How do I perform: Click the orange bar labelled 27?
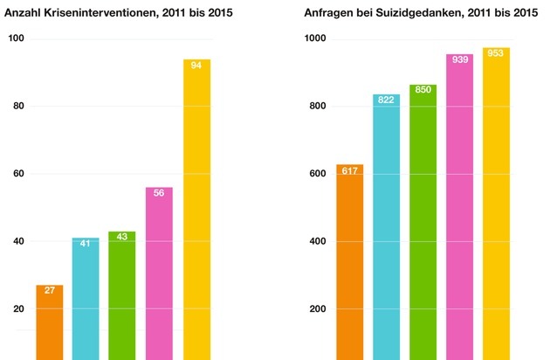(x=50, y=322)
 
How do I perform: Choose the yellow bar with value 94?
(x=196, y=210)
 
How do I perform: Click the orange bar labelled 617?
(x=348, y=262)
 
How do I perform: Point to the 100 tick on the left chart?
(x=16, y=39)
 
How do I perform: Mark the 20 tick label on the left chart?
(x=18, y=308)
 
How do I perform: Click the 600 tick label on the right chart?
(x=317, y=174)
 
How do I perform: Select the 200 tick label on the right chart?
(x=317, y=308)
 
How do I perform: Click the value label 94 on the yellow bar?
(x=196, y=66)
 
